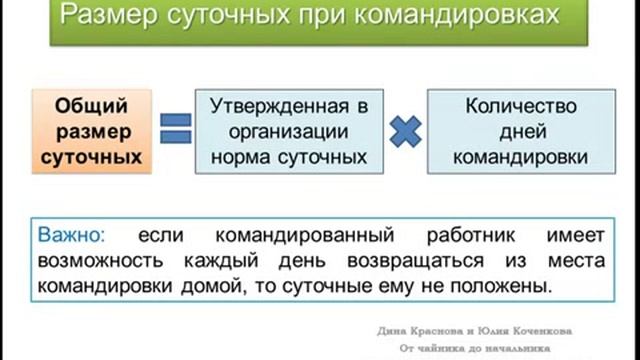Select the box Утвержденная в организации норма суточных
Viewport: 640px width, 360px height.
289,131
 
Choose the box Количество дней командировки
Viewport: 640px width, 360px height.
518,131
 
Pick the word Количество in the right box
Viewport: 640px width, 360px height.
518,106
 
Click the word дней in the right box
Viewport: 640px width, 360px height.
518,131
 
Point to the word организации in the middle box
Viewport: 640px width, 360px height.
289,131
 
